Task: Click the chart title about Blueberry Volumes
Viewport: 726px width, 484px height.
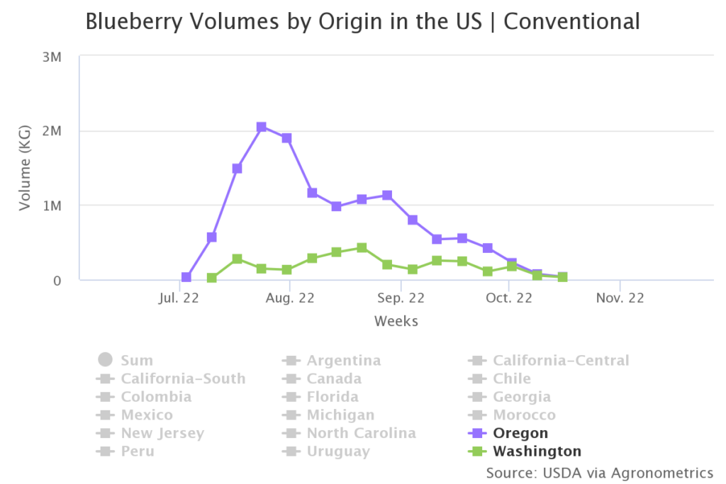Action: point(362,21)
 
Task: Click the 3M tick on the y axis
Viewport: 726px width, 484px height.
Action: point(52,57)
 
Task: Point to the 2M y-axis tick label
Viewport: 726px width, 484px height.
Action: point(52,131)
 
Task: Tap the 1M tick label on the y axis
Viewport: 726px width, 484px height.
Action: point(52,206)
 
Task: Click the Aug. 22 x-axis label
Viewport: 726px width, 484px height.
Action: point(290,298)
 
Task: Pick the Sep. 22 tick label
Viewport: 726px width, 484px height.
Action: point(401,298)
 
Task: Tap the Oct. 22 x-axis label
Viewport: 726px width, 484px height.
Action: point(508,298)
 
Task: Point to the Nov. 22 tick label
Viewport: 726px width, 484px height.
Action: point(620,298)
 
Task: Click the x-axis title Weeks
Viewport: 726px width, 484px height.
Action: point(396,321)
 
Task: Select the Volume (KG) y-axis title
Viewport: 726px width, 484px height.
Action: point(26,168)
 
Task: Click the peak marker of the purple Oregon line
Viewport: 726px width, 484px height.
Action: point(262,127)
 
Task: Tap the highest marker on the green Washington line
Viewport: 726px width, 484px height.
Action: point(362,247)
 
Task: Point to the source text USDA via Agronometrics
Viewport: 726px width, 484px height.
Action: point(599,472)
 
